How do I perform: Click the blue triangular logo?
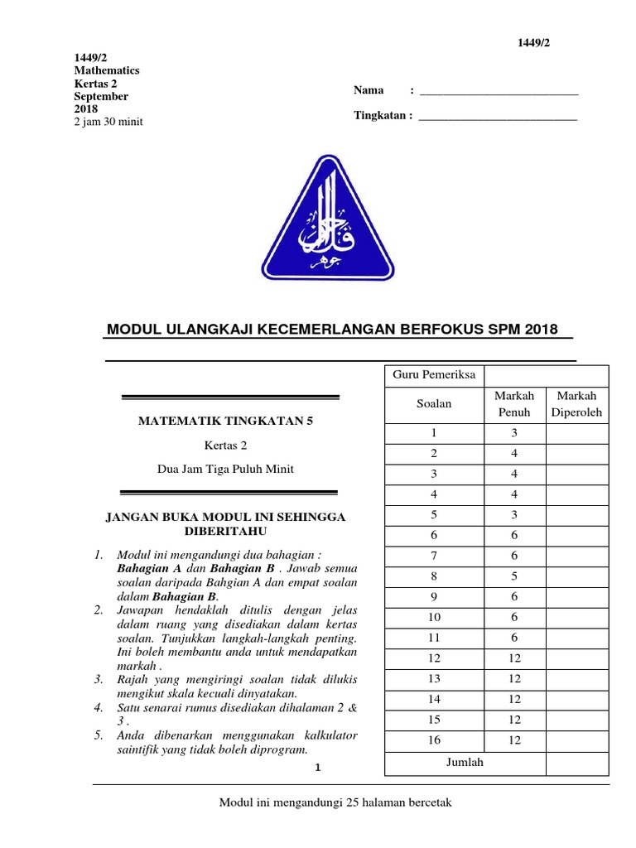pos(329,220)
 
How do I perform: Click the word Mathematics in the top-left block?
pos(107,71)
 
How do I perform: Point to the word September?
pos(101,97)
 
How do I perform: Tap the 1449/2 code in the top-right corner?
pos(533,43)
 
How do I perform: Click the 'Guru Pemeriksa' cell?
pos(434,375)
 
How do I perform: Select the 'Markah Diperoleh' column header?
pos(576,404)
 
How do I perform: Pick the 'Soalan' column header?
pos(434,404)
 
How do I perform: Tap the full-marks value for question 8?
pos(514,576)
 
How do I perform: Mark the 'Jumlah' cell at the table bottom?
pos(465,763)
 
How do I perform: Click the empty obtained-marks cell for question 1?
pos(576,433)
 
